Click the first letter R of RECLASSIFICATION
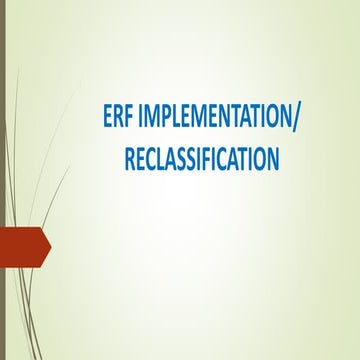[129, 158]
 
